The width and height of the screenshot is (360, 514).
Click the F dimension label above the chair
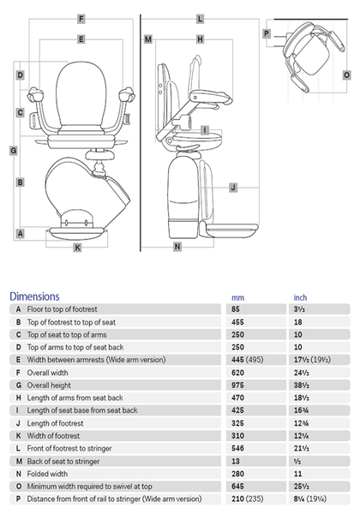click(81, 19)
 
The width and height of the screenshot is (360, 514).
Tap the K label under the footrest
click(77, 248)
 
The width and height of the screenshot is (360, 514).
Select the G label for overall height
click(14, 151)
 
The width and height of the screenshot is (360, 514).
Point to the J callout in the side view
click(233, 188)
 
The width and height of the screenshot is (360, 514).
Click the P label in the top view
click(267, 33)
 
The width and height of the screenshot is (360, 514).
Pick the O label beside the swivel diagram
click(346, 75)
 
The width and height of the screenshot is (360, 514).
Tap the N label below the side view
click(177, 247)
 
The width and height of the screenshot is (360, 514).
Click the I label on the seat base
click(205, 130)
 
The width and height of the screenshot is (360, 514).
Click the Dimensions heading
click(34, 296)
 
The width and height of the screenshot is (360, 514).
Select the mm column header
click(237, 297)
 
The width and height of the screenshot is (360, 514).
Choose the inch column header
click(300, 297)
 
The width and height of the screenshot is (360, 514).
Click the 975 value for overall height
click(237, 385)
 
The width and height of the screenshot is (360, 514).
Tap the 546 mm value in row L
click(237, 448)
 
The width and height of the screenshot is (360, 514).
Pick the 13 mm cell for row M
click(236, 461)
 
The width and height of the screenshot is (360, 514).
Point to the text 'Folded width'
click(47, 474)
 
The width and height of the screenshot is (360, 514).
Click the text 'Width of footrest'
click(53, 436)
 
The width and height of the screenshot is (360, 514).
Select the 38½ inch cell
click(302, 385)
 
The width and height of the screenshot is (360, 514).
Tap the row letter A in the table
click(18, 309)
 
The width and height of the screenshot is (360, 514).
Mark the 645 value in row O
click(237, 486)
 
